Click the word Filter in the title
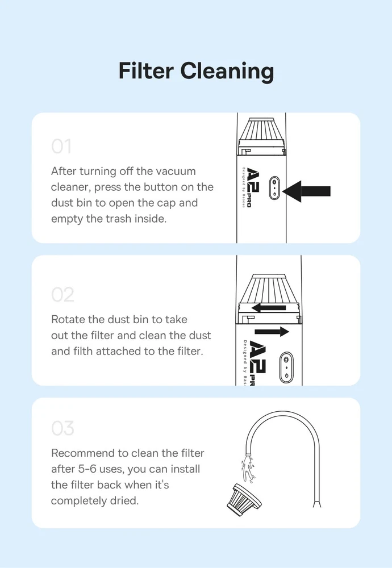[x=146, y=70]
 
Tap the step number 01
[x=61, y=146]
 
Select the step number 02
[x=62, y=294]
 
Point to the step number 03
[x=62, y=428]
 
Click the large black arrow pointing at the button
[x=307, y=191]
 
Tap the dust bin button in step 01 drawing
[x=274, y=187]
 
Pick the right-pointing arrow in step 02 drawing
[x=272, y=332]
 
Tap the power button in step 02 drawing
[x=286, y=367]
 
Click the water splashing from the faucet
[x=248, y=470]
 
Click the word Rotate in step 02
[x=68, y=319]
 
